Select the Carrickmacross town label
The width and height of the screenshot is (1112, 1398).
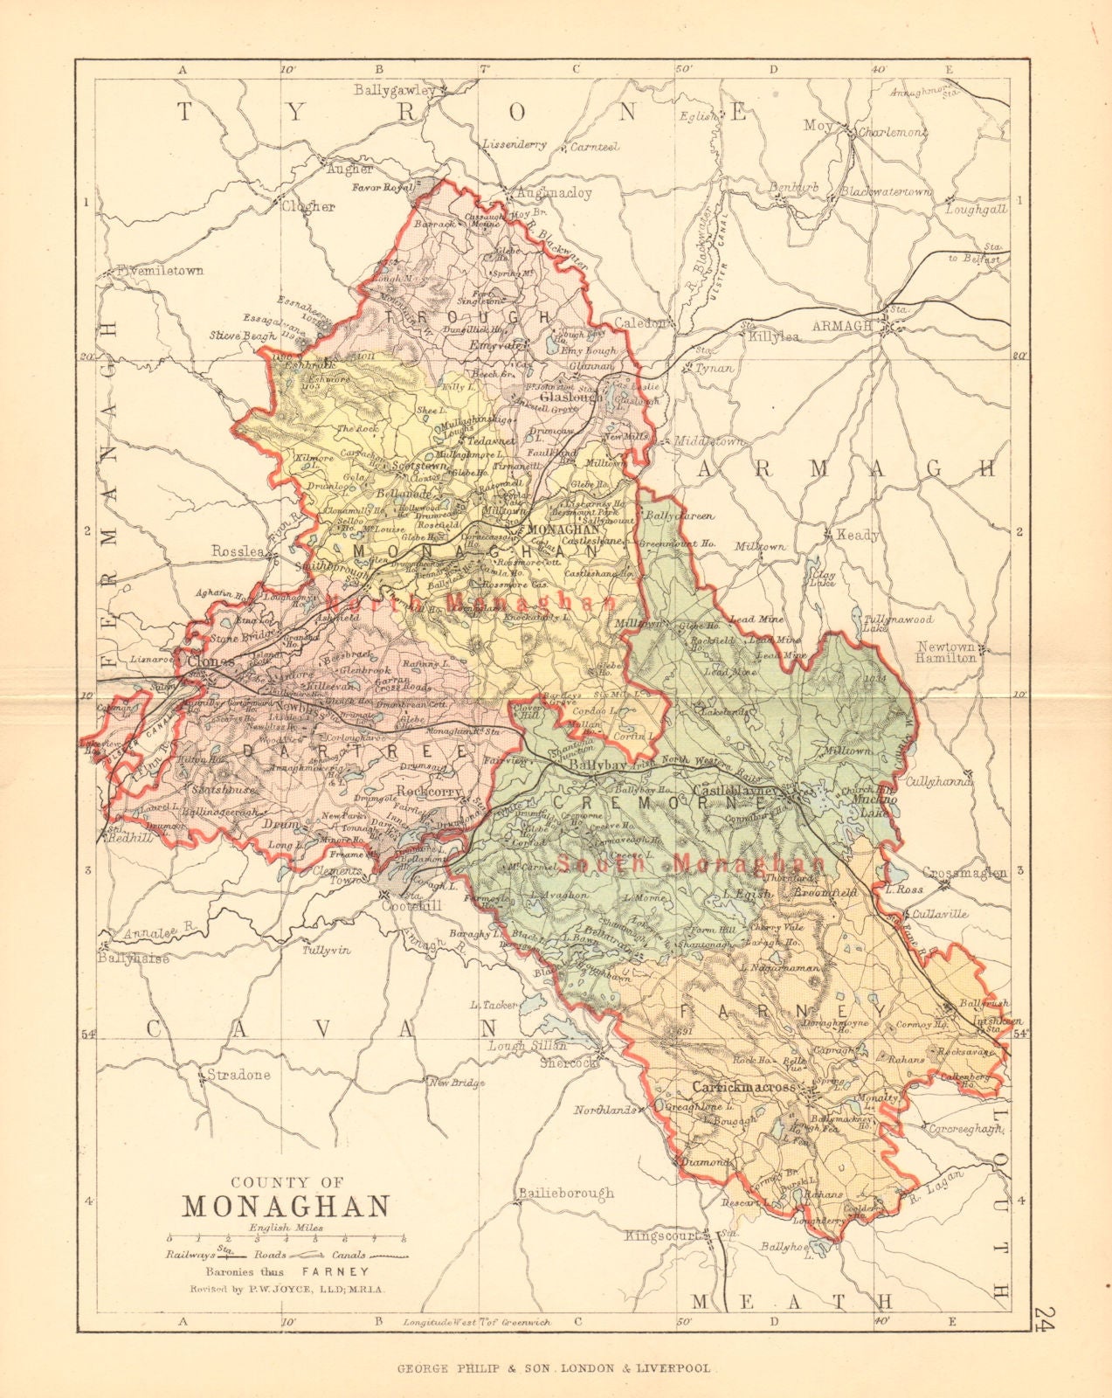coord(743,1087)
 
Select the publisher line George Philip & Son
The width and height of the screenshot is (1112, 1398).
coord(556,1368)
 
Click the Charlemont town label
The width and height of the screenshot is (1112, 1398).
coord(890,132)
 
